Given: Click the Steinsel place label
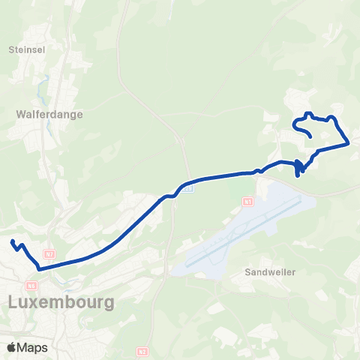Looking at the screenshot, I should point(27,50).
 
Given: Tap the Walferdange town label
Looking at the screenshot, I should point(49,115).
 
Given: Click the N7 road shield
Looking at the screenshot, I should point(49,255).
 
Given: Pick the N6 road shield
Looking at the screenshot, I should point(31,285).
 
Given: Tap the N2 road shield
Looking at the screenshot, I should point(142,350).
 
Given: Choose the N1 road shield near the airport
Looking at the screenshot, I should point(247,202).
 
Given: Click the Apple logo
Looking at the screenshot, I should point(12,347).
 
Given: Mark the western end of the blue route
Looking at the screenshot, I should point(12,241).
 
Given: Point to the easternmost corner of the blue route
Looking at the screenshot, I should point(349,142).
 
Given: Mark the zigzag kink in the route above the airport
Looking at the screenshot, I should point(298,169).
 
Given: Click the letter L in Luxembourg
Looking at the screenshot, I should point(13,302).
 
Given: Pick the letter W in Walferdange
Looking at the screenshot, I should point(19,115).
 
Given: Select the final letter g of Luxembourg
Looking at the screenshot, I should point(108,304).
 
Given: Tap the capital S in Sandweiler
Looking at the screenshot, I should point(248,272).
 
